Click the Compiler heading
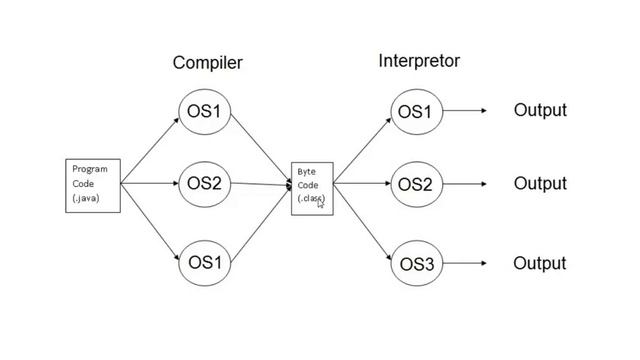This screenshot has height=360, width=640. pos(207,63)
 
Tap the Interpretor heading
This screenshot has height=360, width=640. pos(418,61)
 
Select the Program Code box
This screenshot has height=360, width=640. pos(93,184)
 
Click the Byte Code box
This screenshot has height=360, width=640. pos(312,185)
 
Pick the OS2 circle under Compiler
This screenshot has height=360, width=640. pos(205,184)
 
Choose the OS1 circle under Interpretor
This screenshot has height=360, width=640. pos(414,111)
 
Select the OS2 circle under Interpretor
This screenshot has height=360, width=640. pos(414,185)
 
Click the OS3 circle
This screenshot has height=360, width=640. pos(414,264)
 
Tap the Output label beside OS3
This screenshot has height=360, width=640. pos(539,264)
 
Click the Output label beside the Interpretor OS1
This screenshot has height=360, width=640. pos(539,111)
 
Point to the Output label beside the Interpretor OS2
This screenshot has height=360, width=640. pos(539,184)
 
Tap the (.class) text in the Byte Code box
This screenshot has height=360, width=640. pos(311,198)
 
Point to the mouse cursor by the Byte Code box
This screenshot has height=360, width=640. pos(321,203)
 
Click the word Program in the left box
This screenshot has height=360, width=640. pos(89,169)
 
